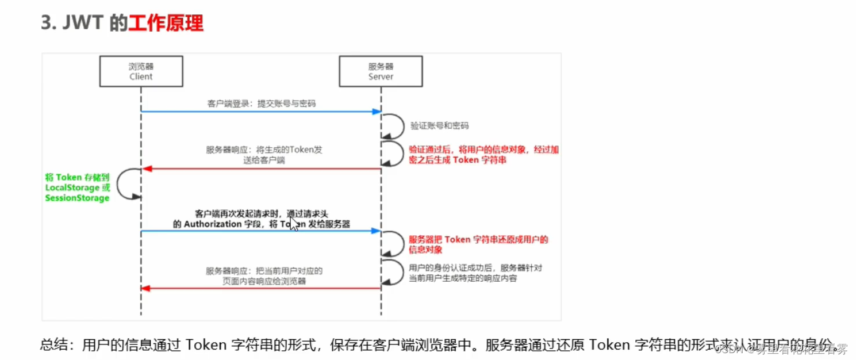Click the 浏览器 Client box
pyautogui.click(x=141, y=71)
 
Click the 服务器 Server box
pyautogui.click(x=381, y=71)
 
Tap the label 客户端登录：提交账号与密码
pyautogui.click(x=262, y=104)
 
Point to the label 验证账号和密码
pyautogui.click(x=435, y=125)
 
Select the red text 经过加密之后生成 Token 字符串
pyautogui.click(x=483, y=155)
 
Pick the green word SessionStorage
pyautogui.click(x=77, y=198)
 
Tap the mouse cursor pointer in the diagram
pyautogui.click(x=294, y=224)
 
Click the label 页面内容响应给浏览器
pyautogui.click(x=264, y=281)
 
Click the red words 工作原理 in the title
pyautogui.click(x=166, y=24)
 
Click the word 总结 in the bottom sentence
pyautogui.click(x=53, y=345)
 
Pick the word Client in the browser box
pyautogui.click(x=141, y=76)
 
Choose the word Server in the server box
pyautogui.click(x=381, y=76)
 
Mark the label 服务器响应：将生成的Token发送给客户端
pyautogui.click(x=264, y=155)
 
